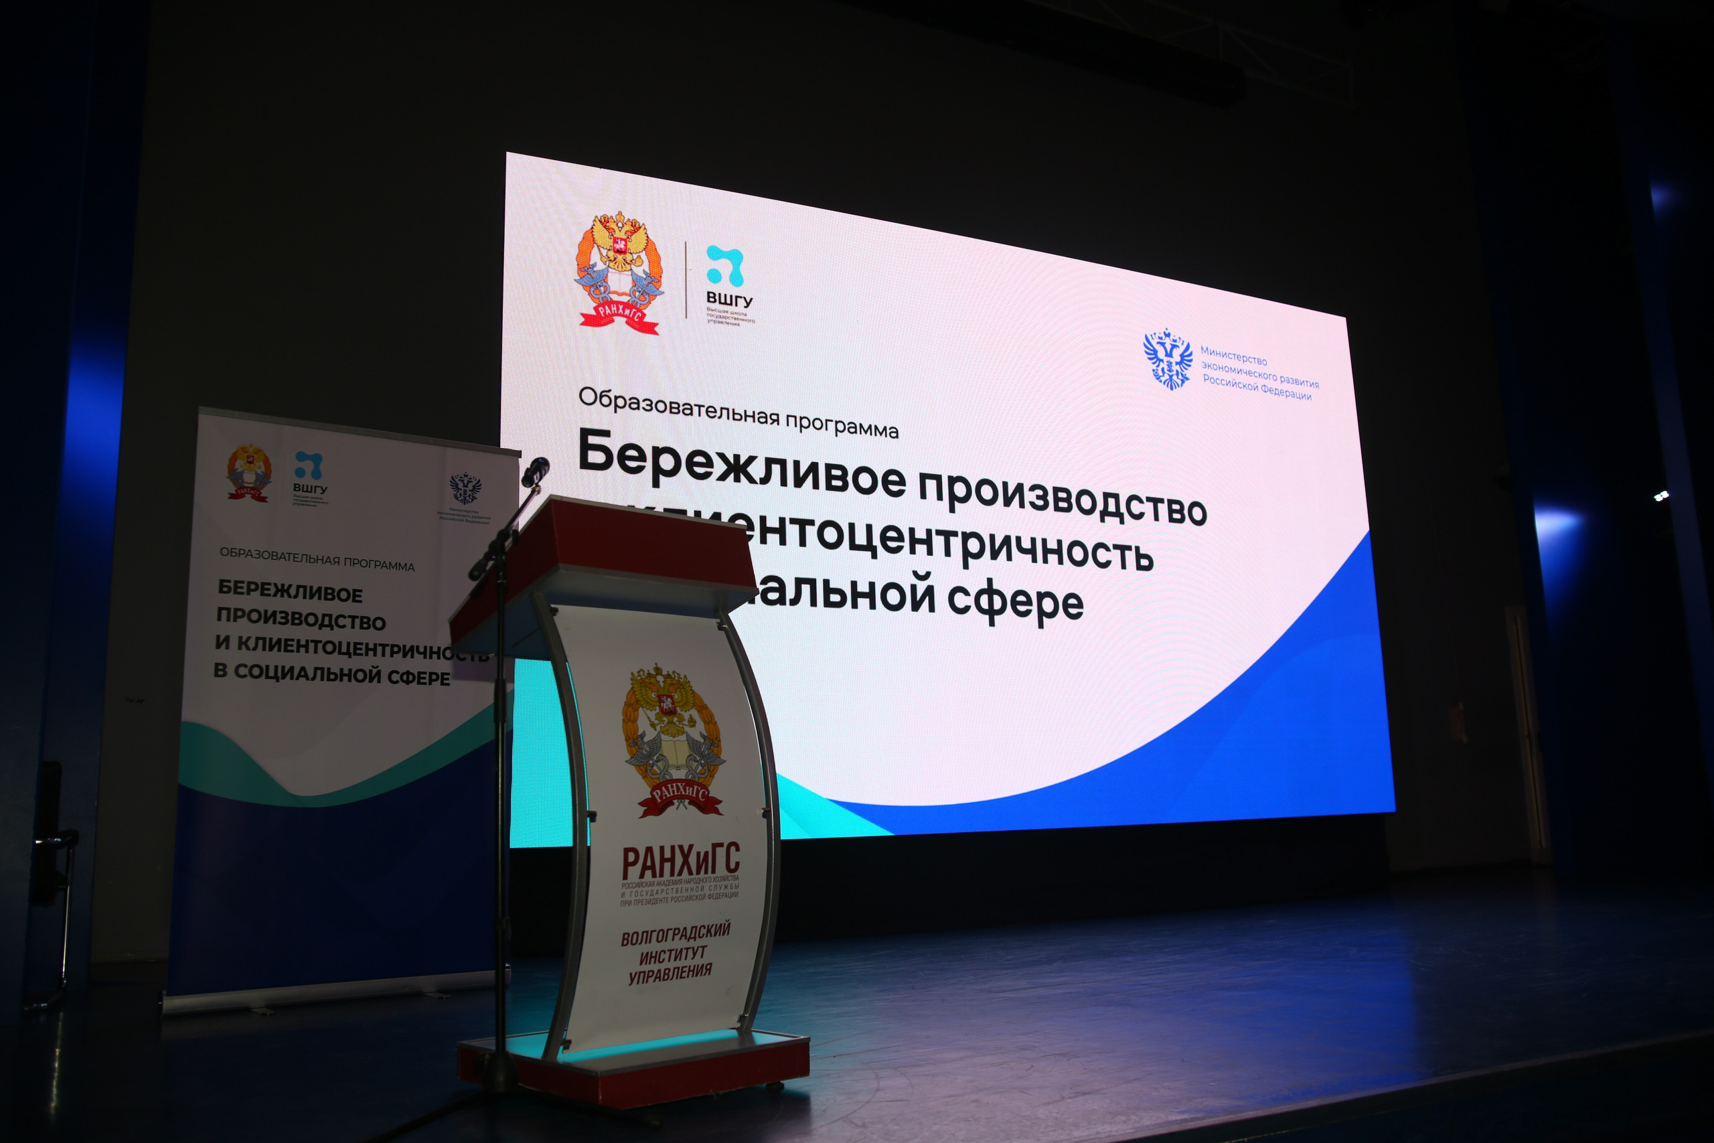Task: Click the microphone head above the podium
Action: click(x=536, y=470)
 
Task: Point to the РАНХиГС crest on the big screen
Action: click(x=619, y=273)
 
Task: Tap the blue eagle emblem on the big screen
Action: click(x=1168, y=359)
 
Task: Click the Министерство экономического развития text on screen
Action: click(x=1259, y=373)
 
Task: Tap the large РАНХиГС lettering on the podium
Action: click(x=680, y=861)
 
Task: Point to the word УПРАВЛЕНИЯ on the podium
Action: click(x=670, y=974)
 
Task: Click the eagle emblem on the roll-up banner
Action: click(x=464, y=486)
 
